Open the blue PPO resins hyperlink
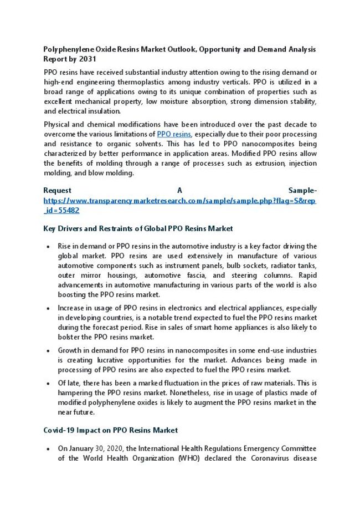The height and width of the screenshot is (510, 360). coord(174,134)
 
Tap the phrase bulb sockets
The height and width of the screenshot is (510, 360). coord(248,266)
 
